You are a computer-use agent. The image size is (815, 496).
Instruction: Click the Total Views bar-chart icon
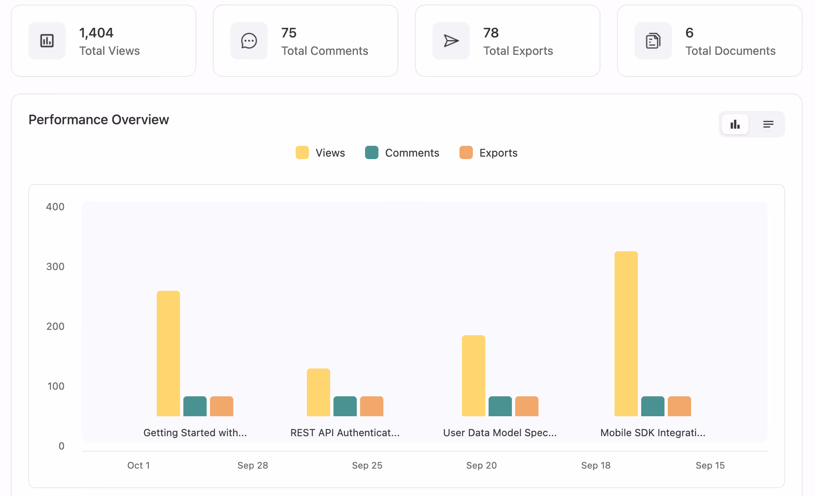pyautogui.click(x=47, y=41)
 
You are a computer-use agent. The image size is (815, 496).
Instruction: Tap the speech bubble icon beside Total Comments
pyautogui.click(x=249, y=41)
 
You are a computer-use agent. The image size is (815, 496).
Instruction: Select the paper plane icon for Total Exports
pyautogui.click(x=451, y=41)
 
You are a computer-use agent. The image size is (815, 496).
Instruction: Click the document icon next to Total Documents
pyautogui.click(x=653, y=41)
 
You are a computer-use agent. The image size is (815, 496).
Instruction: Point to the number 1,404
pyautogui.click(x=96, y=33)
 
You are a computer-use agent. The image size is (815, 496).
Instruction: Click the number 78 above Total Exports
pyautogui.click(x=491, y=33)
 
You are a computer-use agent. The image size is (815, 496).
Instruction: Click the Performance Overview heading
pyautogui.click(x=99, y=120)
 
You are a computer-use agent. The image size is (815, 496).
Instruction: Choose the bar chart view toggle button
pyautogui.click(x=735, y=124)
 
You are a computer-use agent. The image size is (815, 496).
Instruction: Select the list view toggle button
pyautogui.click(x=768, y=124)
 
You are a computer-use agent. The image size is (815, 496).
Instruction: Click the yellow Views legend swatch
pyautogui.click(x=302, y=152)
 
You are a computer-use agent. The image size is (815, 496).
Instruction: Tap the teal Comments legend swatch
pyautogui.click(x=372, y=152)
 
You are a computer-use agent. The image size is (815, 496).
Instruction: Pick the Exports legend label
pyautogui.click(x=498, y=153)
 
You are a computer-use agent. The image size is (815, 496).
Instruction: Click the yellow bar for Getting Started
pyautogui.click(x=168, y=353)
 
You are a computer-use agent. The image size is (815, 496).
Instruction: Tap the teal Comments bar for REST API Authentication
pyautogui.click(x=345, y=406)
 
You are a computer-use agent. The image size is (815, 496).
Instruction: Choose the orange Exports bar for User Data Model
pyautogui.click(x=526, y=406)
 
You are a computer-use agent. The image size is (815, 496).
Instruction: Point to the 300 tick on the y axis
pyautogui.click(x=55, y=267)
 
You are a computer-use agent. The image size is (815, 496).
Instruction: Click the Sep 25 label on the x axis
pyautogui.click(x=367, y=465)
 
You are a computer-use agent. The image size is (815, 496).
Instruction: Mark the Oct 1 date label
pyautogui.click(x=138, y=465)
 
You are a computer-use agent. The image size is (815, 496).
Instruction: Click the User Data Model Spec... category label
pyautogui.click(x=500, y=433)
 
